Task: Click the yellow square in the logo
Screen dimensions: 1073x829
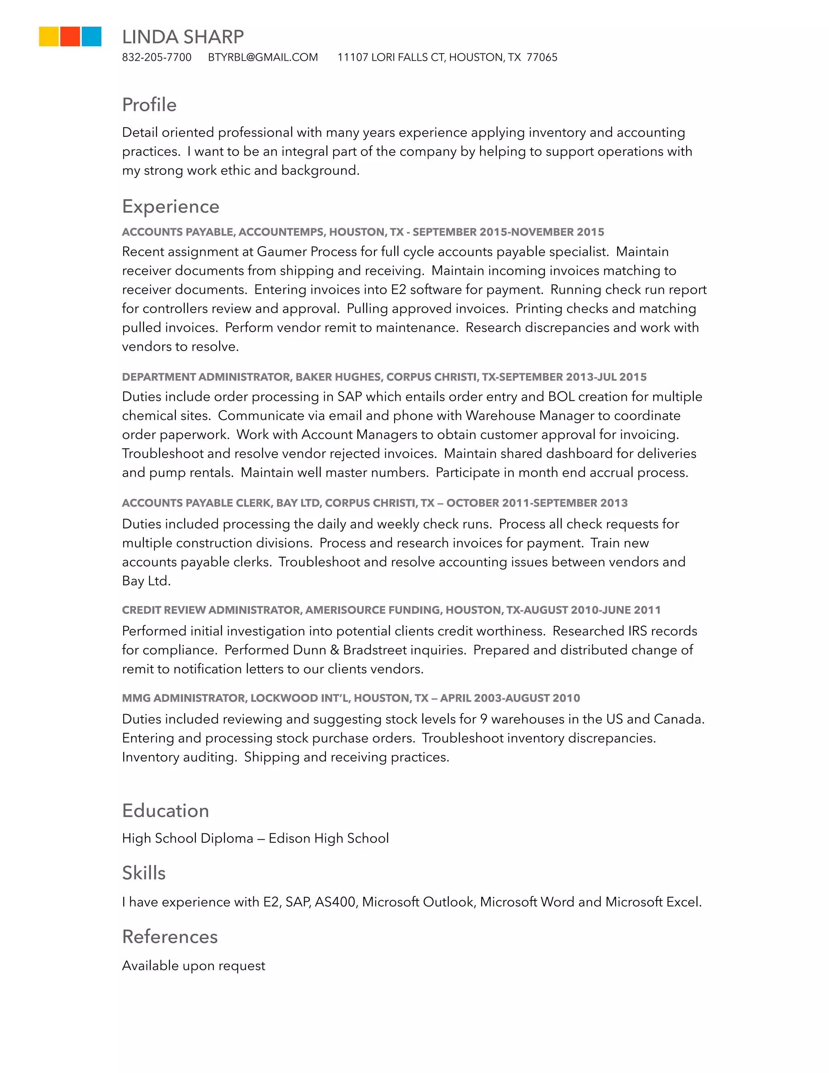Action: (49, 36)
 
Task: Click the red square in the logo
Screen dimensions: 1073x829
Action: (70, 36)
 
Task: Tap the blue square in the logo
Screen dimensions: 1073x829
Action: (91, 36)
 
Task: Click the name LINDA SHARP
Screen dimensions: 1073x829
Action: (183, 37)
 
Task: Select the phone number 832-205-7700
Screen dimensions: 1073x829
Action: (157, 57)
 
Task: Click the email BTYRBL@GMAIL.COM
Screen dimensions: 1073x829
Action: (263, 57)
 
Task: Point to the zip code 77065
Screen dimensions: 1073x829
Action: (542, 57)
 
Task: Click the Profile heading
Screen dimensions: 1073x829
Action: (149, 104)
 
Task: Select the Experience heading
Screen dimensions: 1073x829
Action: (170, 207)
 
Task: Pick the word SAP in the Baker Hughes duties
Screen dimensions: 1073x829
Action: (349, 396)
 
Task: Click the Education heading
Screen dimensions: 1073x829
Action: (166, 811)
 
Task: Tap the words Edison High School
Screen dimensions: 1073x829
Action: (329, 838)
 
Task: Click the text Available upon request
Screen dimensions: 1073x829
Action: (193, 965)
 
